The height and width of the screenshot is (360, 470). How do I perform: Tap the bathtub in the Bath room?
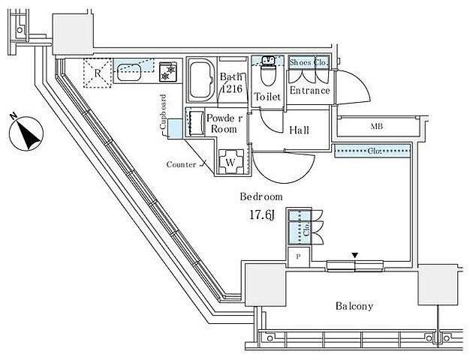point(201,80)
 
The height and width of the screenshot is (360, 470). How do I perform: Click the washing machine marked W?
point(230,162)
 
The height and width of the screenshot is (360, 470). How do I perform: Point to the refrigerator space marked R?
point(97,73)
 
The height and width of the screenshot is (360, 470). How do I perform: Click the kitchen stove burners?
point(168,72)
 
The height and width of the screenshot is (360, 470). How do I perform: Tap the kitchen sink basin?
point(129,73)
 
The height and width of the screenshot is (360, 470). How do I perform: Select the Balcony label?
point(354,306)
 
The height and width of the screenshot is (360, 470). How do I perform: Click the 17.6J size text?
point(262,215)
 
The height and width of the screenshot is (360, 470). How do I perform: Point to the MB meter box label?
point(377,127)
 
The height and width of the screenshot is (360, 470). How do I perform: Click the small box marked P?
point(298,257)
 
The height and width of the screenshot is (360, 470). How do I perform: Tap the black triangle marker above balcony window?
point(355,255)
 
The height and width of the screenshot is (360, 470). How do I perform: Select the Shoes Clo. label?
point(309,62)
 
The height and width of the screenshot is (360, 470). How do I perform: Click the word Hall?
point(299,130)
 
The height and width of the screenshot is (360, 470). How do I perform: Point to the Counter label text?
point(182,164)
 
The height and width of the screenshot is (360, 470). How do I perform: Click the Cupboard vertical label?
point(163,112)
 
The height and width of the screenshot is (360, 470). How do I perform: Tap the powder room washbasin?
point(196,123)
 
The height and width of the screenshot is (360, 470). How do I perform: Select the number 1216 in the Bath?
point(232,89)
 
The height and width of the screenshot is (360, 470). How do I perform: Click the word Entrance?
point(309,91)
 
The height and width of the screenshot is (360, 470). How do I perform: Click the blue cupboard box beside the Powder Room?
point(175,128)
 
